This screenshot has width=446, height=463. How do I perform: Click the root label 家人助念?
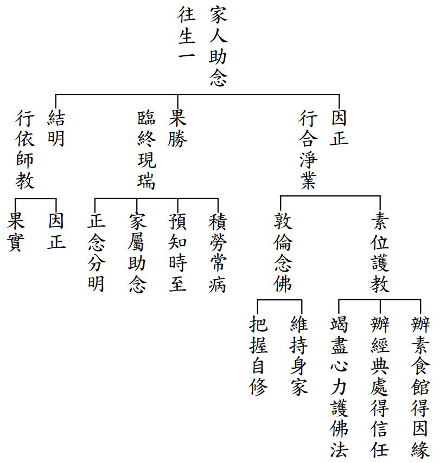point(219,47)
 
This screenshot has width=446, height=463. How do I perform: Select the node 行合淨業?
point(308,150)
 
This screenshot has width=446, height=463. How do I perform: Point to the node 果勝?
point(177,128)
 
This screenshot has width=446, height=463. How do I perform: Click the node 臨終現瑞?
point(146,150)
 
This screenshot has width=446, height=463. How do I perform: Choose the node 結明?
point(56,128)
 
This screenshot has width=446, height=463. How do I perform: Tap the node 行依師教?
point(25,150)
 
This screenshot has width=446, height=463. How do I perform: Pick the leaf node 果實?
point(16,233)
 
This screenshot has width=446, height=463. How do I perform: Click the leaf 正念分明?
point(96,253)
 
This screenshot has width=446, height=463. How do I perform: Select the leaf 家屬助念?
point(137,253)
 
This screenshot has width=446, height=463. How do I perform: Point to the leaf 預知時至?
point(177,253)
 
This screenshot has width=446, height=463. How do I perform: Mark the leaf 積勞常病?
point(218,253)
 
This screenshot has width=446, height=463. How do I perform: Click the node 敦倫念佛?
point(283,253)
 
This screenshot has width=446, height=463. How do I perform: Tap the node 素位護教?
point(380,253)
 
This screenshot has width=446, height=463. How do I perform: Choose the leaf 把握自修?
point(258,356)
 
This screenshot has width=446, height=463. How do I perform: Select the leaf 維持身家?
point(299,356)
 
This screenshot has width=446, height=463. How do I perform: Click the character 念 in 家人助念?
point(219,78)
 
